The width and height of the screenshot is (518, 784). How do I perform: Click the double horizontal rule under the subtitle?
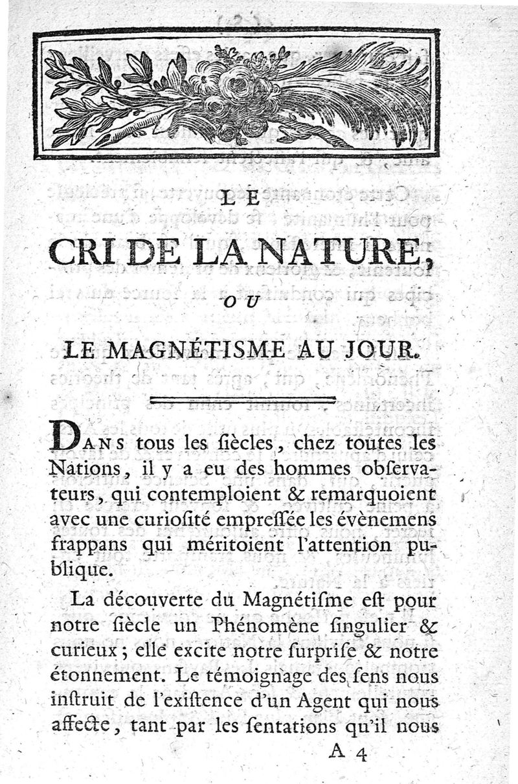pyautogui.click(x=242, y=401)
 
